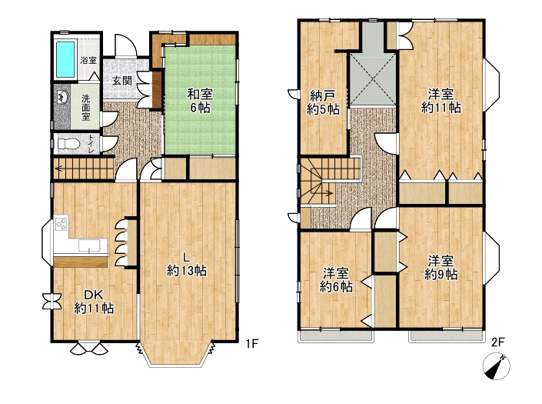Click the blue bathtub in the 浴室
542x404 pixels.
tap(65, 60)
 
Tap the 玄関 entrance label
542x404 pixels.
tap(122, 82)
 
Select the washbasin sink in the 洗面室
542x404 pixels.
tap(62, 96)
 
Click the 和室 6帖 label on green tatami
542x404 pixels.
tap(200, 101)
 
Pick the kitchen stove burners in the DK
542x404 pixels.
tap(62, 225)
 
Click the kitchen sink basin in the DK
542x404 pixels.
tap(89, 245)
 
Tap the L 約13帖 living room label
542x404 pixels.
tap(187, 264)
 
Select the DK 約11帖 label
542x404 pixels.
tap(94, 302)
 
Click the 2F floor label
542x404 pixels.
tap(498, 342)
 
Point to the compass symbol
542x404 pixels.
tap(497, 366)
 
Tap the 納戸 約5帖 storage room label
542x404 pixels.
tap(323, 102)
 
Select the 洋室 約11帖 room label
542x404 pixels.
tap(441, 101)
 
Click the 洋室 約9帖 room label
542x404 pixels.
tap(441, 268)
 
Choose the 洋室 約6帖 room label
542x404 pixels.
tap(336, 280)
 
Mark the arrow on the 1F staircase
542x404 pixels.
tap(85, 169)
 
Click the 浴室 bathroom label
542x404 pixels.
tap(88, 60)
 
